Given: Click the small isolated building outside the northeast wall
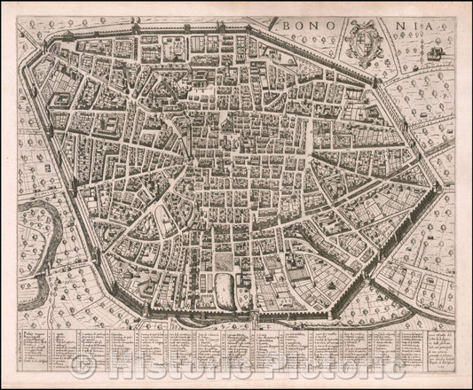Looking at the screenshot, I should point(435,55).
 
